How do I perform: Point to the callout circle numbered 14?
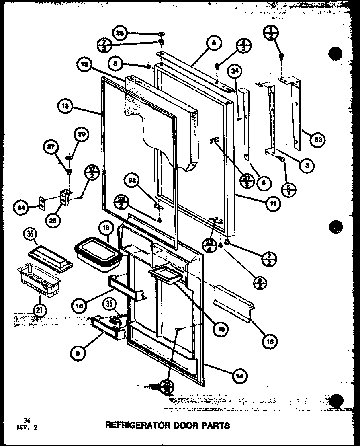coord(239,376)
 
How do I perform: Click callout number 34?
coord(235,72)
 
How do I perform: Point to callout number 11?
coord(273,204)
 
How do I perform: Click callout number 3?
coord(307,165)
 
